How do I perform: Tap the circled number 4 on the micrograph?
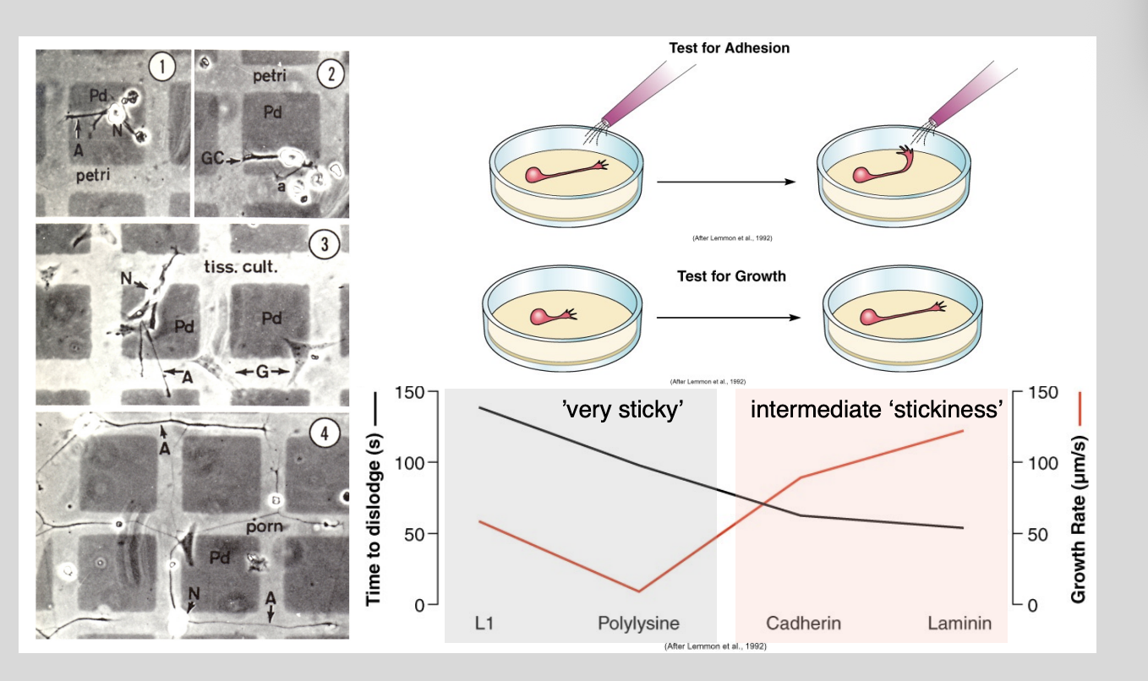tap(325, 433)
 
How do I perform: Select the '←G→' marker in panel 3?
tap(263, 372)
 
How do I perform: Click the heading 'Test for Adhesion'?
tap(729, 48)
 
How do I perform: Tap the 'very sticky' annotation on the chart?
tap(622, 411)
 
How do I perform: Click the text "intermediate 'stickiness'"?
tap(877, 411)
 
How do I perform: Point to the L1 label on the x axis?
tap(484, 624)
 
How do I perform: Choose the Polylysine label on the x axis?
tap(638, 624)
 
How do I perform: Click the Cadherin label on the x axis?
tap(803, 624)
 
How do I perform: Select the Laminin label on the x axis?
tap(959, 624)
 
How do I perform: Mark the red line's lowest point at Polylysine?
tap(639, 591)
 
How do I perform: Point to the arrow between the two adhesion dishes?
tap(727, 182)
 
